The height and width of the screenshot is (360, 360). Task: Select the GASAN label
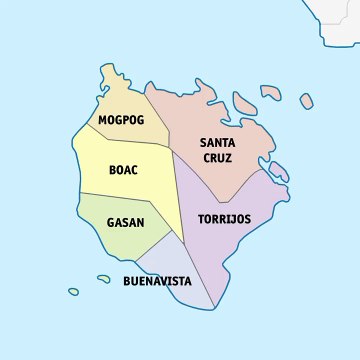pos(125,221)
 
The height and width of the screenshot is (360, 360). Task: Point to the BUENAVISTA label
pos(157,281)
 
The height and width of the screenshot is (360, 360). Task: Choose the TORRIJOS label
pos(224,218)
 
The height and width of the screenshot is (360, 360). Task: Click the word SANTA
pos(217,143)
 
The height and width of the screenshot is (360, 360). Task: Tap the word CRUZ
pos(217,158)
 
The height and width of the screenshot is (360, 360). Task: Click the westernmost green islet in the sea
pos(73,291)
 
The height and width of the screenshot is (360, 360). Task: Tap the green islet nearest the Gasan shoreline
pos(103,278)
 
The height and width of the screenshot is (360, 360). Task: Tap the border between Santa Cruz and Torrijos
pos(230,195)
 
